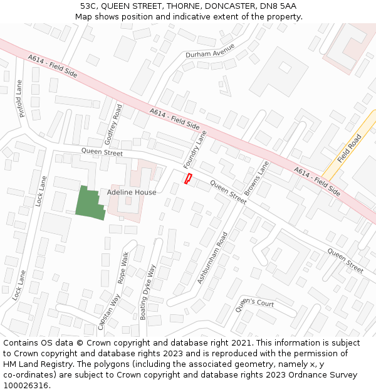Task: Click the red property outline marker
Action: pos(187,179)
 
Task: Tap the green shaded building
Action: pos(89,204)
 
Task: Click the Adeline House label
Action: pos(132,192)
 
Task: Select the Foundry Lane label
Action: pos(195,149)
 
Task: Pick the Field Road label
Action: pos(350,149)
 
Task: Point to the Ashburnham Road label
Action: pos(213,258)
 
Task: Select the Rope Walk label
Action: pos(124,267)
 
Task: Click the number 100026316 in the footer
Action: pos(26,386)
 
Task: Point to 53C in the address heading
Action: pos(89,6)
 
